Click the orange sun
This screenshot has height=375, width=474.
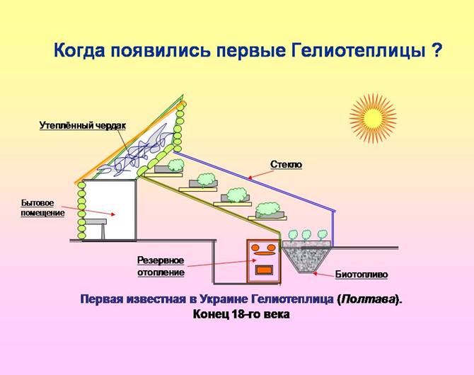[x=373, y=118]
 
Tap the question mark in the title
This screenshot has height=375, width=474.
[x=434, y=50]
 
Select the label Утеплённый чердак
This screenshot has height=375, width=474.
[x=82, y=125]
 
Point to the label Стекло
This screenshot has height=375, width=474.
[x=286, y=165]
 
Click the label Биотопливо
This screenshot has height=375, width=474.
[x=362, y=275]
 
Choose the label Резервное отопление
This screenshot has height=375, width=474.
[x=161, y=266]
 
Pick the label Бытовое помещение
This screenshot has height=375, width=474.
[x=42, y=208]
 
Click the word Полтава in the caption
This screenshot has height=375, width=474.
[x=369, y=299]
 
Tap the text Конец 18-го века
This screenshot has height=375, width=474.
[x=241, y=314]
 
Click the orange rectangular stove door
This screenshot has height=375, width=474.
[x=264, y=270]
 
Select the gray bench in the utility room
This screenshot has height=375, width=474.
[x=96, y=228]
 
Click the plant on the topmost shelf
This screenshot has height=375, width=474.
[x=175, y=165]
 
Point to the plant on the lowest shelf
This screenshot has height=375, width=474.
[x=268, y=209]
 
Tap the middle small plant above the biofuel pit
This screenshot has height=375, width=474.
[x=306, y=235]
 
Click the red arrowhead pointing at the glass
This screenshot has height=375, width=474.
[x=250, y=178]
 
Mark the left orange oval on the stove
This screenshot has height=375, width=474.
[x=255, y=247]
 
